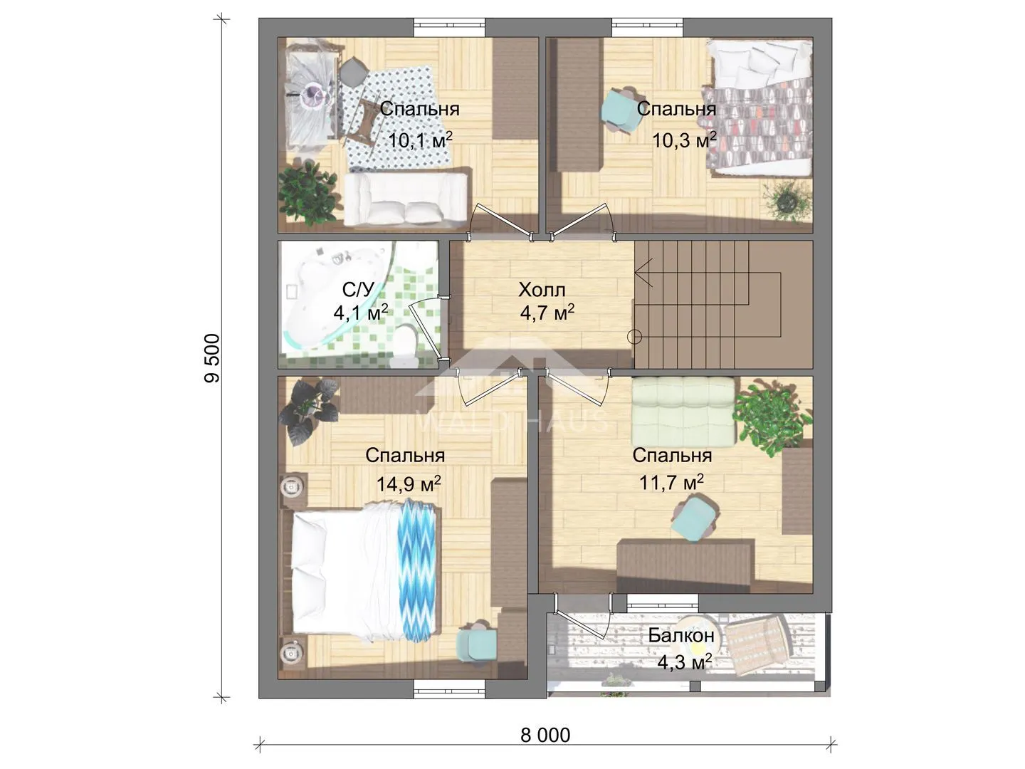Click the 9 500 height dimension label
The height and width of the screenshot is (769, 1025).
pos(212,358)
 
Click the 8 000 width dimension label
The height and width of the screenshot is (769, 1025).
pos(545,735)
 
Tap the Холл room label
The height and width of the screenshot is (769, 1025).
pos(542,290)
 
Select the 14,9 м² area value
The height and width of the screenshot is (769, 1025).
pos(409,483)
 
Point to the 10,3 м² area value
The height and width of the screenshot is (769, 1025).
pos(684,140)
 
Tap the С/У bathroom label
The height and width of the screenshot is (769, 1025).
pos(358,290)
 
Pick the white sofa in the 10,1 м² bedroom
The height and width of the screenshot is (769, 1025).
pos(405,199)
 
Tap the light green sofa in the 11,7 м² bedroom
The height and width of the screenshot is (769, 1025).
pos(683,412)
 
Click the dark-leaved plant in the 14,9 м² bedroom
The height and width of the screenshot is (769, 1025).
pos(309,409)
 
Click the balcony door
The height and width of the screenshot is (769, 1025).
pos(583,617)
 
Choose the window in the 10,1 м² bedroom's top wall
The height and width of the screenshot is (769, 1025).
pos(449,28)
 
